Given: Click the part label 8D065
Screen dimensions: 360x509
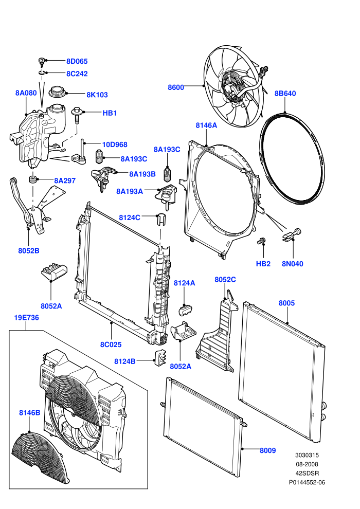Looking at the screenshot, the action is click(x=77, y=61).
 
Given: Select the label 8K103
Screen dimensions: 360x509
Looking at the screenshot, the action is click(x=97, y=95).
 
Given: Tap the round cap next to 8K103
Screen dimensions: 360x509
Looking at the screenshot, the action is click(x=58, y=92).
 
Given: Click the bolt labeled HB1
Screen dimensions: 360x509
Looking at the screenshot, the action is click(x=77, y=115).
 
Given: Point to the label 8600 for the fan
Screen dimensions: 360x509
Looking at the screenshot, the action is click(x=176, y=87).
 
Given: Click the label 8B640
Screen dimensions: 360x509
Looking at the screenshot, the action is click(x=285, y=94).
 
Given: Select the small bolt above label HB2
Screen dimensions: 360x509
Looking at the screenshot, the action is click(x=261, y=241).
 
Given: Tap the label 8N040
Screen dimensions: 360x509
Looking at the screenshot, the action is click(x=293, y=264).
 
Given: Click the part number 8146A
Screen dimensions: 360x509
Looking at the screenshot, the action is click(x=206, y=125).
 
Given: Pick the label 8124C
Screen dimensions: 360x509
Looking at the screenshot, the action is click(x=130, y=217).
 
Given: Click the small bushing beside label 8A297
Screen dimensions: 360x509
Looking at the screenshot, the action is click(x=33, y=179).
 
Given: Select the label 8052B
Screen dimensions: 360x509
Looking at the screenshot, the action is click(x=29, y=250).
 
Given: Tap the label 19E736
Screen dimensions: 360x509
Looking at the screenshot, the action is click(x=26, y=318).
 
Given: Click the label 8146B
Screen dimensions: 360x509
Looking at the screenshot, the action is click(x=29, y=412).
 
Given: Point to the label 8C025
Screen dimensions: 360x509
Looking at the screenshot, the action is click(x=111, y=344).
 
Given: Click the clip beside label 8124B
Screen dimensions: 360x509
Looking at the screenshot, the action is click(x=160, y=357).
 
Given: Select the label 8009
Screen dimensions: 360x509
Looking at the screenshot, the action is click(x=268, y=450).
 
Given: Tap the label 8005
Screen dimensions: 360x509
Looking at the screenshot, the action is click(x=286, y=303).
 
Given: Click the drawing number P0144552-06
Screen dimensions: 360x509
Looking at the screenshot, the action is click(x=307, y=482).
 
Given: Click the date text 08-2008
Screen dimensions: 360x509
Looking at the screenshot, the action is click(x=307, y=464).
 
